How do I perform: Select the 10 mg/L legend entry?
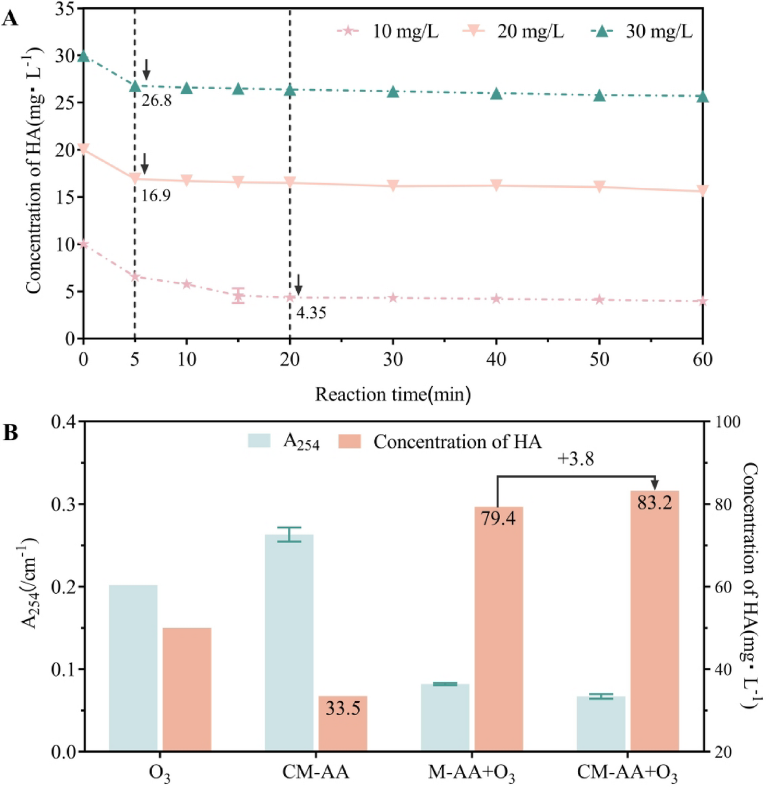tap(388, 31)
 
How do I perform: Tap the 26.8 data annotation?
tap(157, 101)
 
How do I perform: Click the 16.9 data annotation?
tap(156, 196)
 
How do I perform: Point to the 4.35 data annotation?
tap(311, 313)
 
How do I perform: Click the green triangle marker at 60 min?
tap(703, 97)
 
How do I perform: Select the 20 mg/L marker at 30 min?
tap(393, 185)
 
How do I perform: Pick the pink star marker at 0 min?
tap(83, 244)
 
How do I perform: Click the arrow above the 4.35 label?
tap(299, 285)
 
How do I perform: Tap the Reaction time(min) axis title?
tap(393, 395)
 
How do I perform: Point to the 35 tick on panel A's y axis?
tap(65, 9)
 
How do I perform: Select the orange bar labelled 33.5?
tap(343, 723)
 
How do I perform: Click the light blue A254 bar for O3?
tap(133, 667)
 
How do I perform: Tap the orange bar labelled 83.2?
tap(655, 621)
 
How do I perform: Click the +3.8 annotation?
tap(575, 459)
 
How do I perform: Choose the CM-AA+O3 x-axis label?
tap(627, 773)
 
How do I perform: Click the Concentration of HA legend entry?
tap(440, 442)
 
